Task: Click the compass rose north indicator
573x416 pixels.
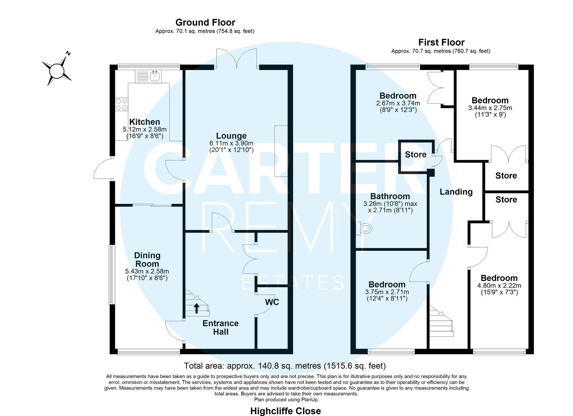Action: point(68,53)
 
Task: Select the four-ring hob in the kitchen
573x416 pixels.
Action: point(121,104)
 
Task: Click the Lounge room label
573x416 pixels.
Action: point(231,136)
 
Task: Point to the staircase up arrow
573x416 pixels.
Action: point(197,308)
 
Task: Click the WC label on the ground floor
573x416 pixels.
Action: point(272,302)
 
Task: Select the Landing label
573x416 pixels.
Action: point(456,192)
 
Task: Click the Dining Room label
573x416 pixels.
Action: point(147,259)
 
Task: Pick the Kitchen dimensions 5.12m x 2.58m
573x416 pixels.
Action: point(145,129)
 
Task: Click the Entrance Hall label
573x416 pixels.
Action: point(221,327)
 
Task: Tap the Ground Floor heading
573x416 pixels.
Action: point(205,23)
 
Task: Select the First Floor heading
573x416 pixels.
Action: point(441,42)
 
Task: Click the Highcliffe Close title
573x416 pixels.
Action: point(285,411)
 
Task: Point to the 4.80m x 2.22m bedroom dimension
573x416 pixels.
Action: point(499,285)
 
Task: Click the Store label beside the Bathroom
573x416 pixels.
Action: point(416,154)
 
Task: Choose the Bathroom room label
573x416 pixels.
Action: point(390,196)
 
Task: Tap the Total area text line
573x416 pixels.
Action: point(285,366)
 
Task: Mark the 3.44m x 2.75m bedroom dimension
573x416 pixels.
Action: point(490,108)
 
